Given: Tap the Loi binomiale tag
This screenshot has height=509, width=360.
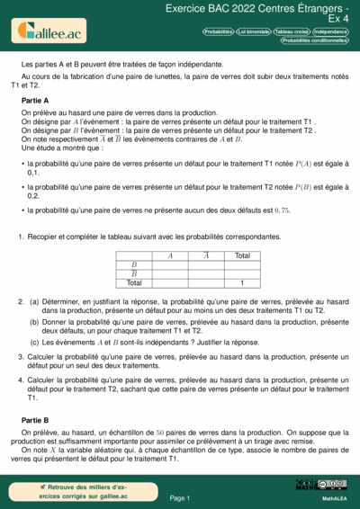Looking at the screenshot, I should click(x=254, y=31).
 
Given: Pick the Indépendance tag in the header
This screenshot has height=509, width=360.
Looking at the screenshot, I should click(x=331, y=31).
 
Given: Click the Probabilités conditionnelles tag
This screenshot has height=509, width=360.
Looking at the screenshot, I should click(x=314, y=40).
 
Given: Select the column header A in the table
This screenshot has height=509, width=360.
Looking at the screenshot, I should click(x=170, y=255).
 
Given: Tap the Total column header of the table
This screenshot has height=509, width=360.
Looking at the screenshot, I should click(x=241, y=255).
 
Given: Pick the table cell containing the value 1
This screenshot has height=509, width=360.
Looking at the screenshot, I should click(x=241, y=282).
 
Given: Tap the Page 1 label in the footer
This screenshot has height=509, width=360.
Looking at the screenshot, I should click(x=179, y=497).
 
